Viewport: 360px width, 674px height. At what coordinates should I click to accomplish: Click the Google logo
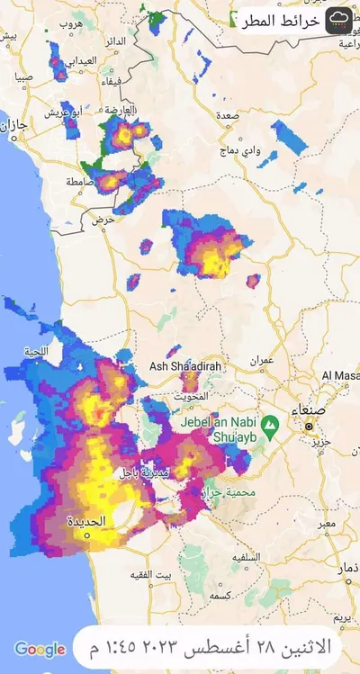click(x=40, y=649)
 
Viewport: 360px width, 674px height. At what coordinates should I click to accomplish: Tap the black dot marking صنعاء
click(x=309, y=425)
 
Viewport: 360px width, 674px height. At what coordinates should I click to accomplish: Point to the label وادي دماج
click(x=267, y=151)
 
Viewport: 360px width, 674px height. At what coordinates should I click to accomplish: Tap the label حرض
click(x=104, y=219)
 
